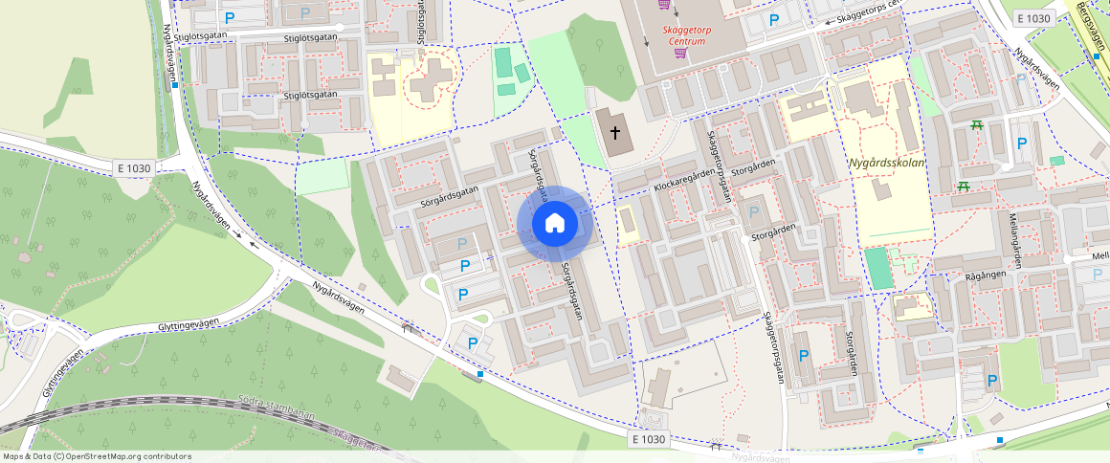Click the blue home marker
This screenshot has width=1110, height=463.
point(555,224)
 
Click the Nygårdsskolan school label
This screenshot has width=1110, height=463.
point(885,163)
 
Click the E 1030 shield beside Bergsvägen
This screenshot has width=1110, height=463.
point(1033,18)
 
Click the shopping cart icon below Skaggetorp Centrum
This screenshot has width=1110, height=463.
point(680,53)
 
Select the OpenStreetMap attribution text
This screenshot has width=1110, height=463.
point(97,456)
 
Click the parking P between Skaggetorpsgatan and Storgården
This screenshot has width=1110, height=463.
point(754,211)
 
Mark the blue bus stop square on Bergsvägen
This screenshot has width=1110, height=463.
point(1097,56)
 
